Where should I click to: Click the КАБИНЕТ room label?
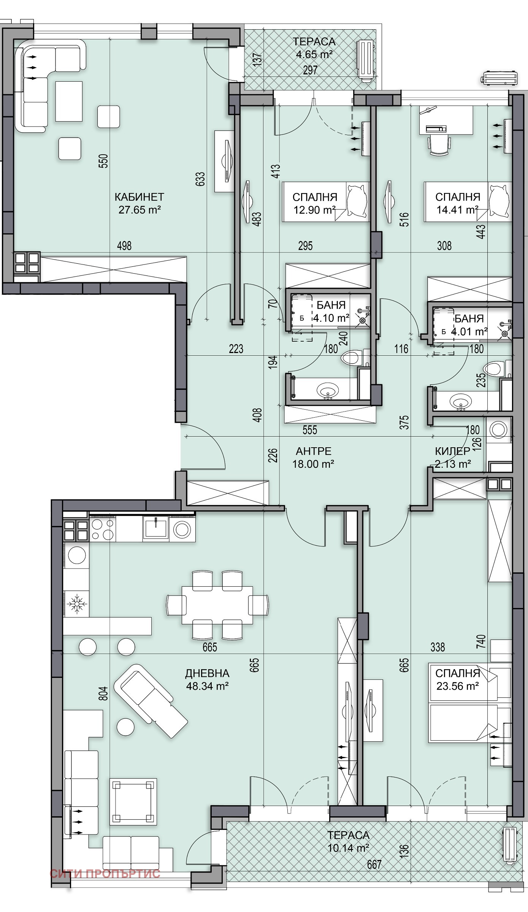click(x=139, y=197)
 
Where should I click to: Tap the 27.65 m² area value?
click(x=140, y=210)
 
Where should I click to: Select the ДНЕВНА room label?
click(x=207, y=673)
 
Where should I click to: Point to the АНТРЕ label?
click(x=314, y=451)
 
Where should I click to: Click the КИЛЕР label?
click(x=452, y=451)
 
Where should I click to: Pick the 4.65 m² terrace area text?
click(x=314, y=54)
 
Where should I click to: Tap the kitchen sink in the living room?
click(x=155, y=527)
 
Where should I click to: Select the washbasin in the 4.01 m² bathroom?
click(x=460, y=401)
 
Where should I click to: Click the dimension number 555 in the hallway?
click(x=309, y=430)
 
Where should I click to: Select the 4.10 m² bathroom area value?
click(x=331, y=318)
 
